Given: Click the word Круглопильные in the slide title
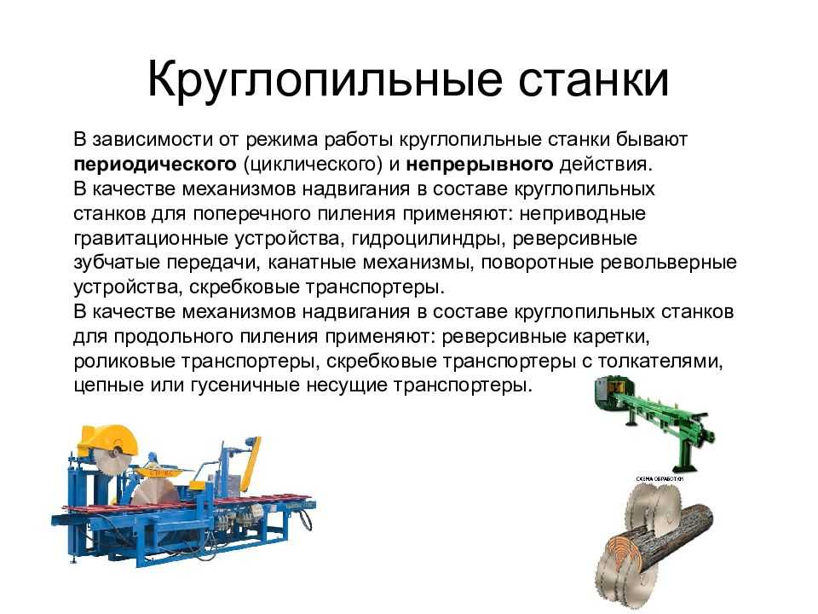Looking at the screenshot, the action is pos(325,79).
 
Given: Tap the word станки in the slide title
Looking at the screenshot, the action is pos(594,79).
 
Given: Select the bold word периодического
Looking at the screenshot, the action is pos(155,165).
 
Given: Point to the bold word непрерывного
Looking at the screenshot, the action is pos(480,165).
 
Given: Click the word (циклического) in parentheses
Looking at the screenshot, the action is pos(313,165).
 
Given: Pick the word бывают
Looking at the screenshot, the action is pos(652,139).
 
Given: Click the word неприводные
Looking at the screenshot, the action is pos(583,214).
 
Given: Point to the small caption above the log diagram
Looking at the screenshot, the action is pos(660,478).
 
